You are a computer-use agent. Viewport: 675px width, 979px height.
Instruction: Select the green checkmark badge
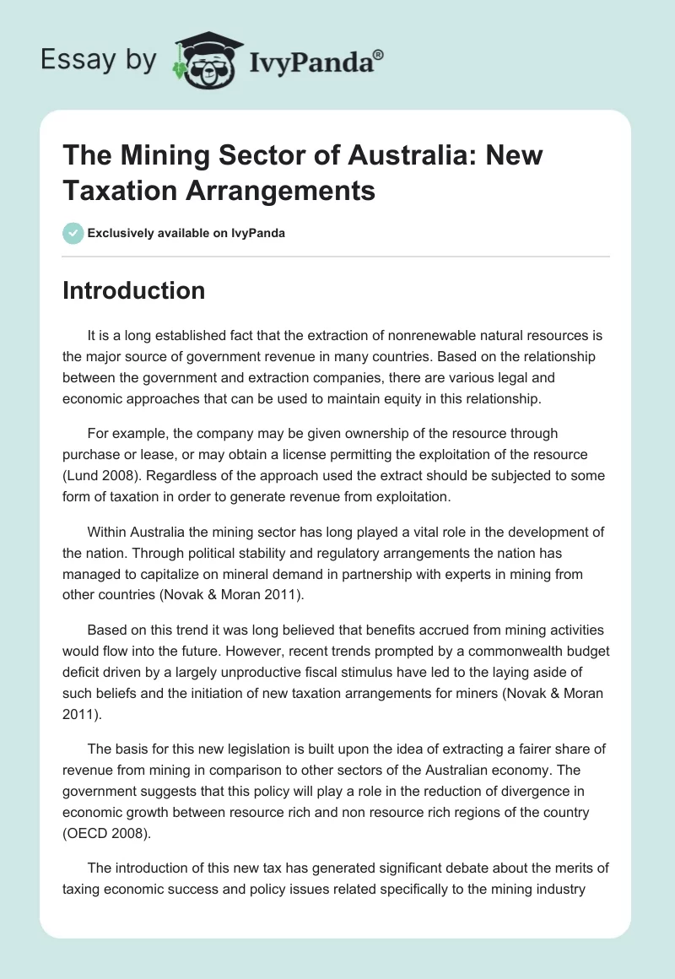pyautogui.click(x=73, y=233)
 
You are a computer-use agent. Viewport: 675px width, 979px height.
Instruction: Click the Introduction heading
pyautogui.click(x=133, y=290)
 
